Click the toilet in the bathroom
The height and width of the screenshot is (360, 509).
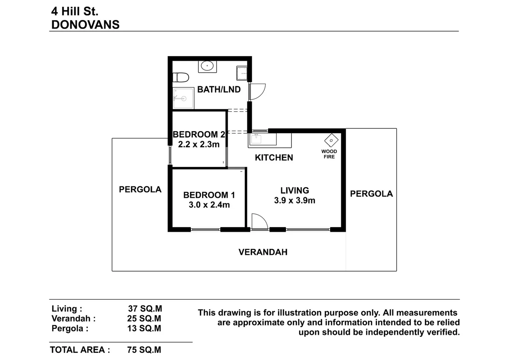point(180,78)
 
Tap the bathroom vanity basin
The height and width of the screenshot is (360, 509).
point(207,66)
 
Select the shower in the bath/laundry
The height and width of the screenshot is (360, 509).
point(183,98)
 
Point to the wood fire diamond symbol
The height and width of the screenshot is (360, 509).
point(331,140)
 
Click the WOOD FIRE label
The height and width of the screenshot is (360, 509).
point(329,154)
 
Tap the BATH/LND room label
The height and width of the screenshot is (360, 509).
point(219,89)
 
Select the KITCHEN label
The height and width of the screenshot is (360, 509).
point(274,158)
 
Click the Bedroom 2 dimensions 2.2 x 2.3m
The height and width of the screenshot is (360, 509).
point(199,144)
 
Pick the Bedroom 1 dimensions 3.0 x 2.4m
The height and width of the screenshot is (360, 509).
point(209,205)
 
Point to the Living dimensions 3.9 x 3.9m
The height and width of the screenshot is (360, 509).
point(294,200)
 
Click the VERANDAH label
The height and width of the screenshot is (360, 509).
point(263,252)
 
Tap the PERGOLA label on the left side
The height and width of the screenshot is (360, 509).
point(140,189)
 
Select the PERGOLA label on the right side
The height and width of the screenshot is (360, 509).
point(371,194)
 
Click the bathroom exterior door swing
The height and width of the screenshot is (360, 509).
point(257,92)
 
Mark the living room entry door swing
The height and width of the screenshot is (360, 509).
point(259,222)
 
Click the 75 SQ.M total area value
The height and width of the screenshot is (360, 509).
point(144,350)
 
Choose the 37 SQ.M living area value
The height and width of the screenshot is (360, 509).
point(145,309)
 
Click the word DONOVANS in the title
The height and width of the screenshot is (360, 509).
point(85,25)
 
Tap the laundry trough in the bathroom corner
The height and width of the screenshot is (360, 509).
point(242,73)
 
